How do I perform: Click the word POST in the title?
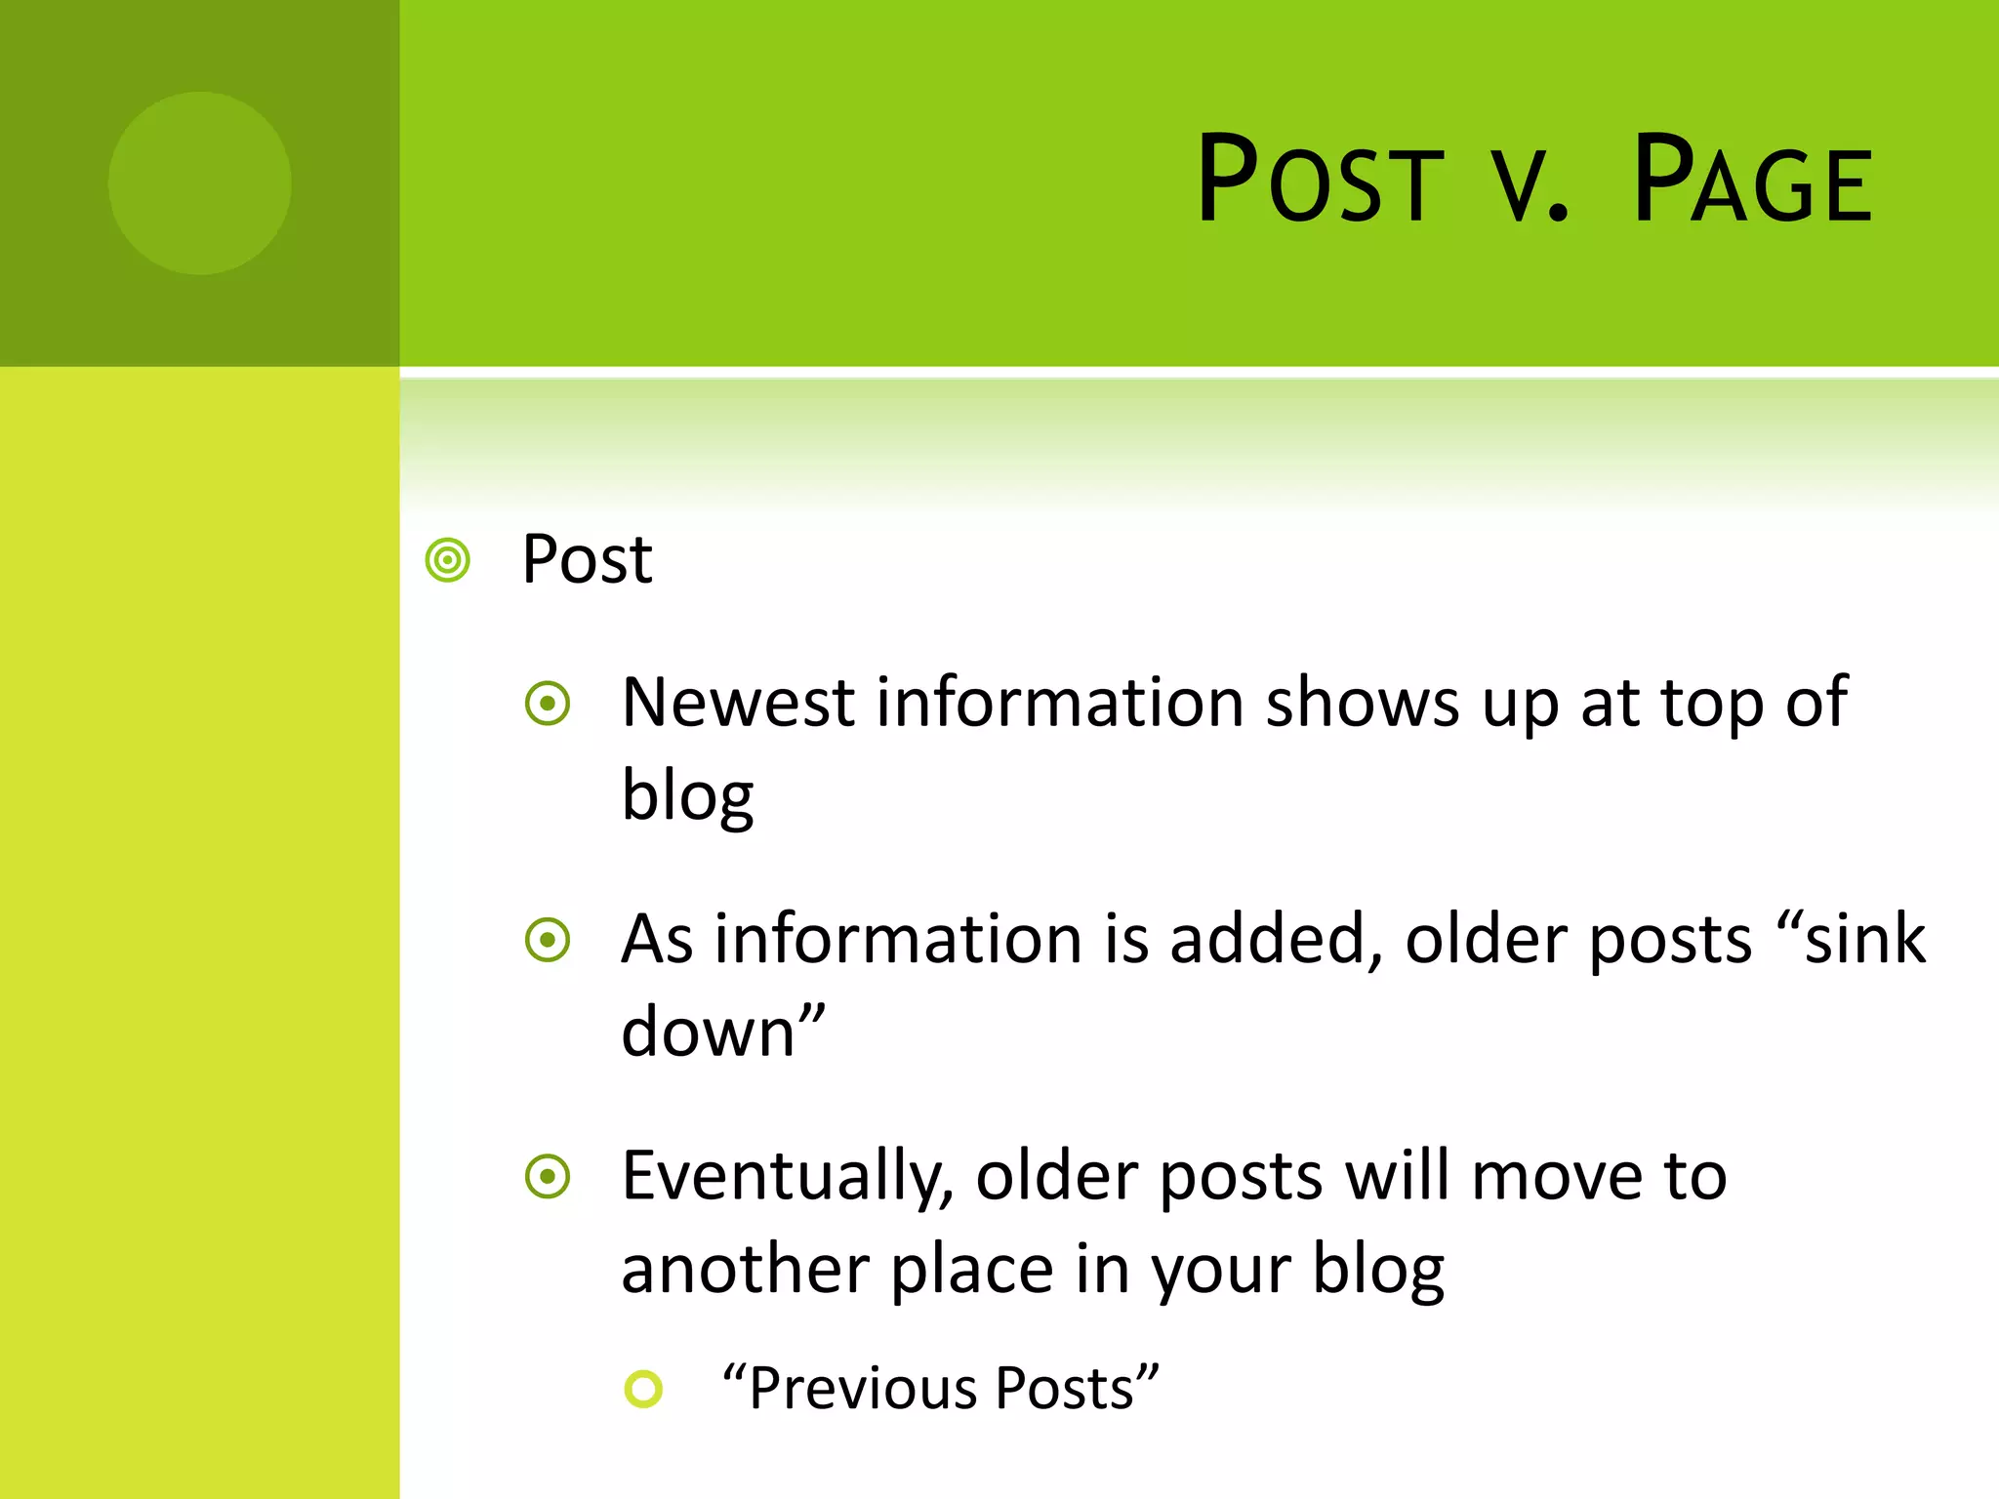(x=1320, y=182)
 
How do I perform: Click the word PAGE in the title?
(x=1752, y=182)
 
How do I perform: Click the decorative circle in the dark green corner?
(x=200, y=183)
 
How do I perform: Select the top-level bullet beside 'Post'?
(x=448, y=561)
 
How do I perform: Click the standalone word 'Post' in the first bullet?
(x=587, y=560)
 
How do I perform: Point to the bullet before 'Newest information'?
(x=548, y=704)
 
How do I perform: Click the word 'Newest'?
(x=738, y=703)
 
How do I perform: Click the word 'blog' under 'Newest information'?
(x=687, y=795)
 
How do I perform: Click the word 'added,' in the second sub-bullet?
(x=1277, y=940)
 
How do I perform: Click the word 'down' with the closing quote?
(x=722, y=1032)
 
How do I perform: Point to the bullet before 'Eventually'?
(x=548, y=1177)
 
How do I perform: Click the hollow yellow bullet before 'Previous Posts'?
(x=643, y=1389)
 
